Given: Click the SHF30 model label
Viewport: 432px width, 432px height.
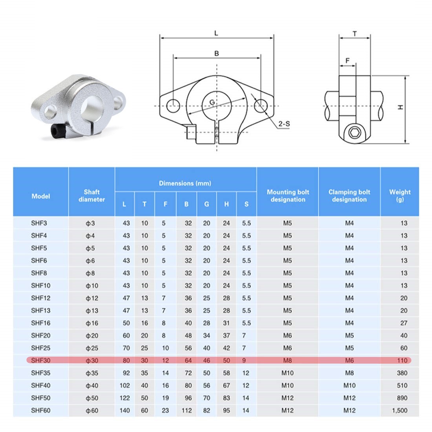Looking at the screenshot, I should point(41,360).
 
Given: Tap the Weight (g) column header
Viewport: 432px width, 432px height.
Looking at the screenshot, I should point(399,196).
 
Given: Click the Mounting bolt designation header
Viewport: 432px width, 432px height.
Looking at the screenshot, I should point(287,196).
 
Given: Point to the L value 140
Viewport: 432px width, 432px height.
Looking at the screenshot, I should point(124,410).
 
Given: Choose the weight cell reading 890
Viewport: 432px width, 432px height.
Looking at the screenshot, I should point(402,398).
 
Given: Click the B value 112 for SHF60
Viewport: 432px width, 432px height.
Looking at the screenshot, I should point(187,410).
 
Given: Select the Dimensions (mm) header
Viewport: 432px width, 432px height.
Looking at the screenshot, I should point(185,183).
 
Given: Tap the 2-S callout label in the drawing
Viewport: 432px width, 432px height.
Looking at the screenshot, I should point(284,124).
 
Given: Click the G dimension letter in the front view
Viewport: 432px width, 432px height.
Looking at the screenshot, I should point(212,102).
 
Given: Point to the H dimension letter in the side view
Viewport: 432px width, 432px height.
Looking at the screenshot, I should point(400,107).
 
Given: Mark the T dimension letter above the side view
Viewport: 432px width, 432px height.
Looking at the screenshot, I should point(355,34).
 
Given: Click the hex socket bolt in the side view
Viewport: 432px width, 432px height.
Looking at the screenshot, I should point(354,133).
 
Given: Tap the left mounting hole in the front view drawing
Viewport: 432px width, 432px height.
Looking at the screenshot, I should point(173,105).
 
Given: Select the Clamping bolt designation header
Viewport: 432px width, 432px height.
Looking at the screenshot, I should point(349,196).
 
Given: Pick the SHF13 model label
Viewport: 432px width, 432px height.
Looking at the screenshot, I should point(41,310).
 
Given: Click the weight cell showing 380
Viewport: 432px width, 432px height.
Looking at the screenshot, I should point(402,373).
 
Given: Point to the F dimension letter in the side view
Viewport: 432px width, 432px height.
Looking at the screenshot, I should point(347,61).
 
